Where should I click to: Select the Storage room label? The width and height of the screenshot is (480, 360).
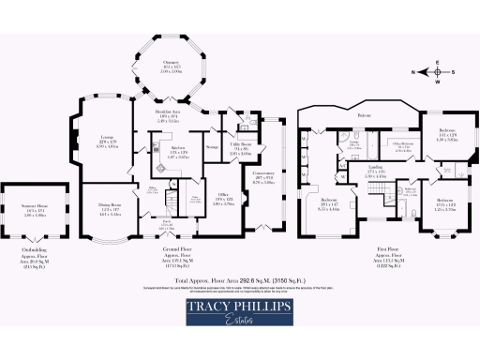tap(212, 146)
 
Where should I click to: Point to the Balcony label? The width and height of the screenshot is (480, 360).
tap(364, 116)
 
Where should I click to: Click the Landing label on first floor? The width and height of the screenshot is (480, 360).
tap(350, 170)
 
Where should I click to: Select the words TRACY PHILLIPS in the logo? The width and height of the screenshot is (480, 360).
tap(239, 307)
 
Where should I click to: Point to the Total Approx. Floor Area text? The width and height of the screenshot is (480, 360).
tap(242, 279)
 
